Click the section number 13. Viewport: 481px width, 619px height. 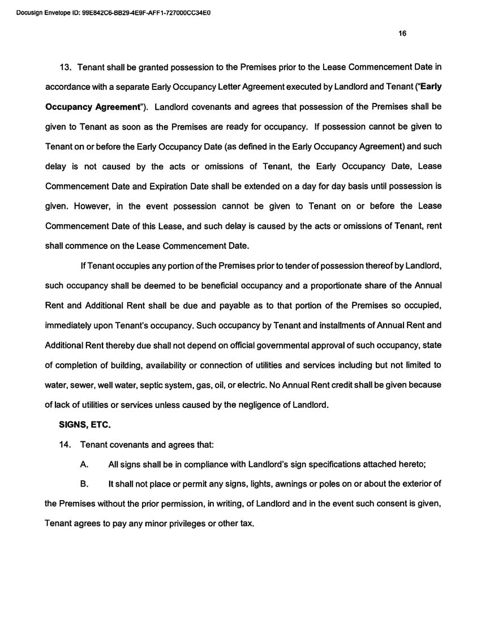coord(66,67)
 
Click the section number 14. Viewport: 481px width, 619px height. coord(66,444)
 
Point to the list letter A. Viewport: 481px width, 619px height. coord(84,464)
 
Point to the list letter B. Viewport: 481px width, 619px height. coord(84,484)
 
